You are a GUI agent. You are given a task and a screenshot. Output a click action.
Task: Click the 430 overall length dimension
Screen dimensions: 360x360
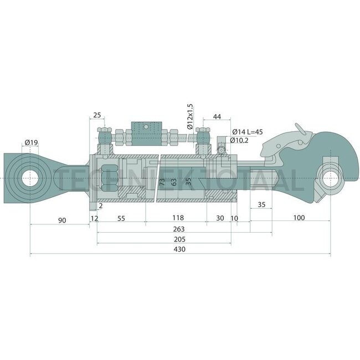[179, 250]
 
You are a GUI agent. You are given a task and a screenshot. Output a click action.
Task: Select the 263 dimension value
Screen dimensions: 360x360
[178, 229]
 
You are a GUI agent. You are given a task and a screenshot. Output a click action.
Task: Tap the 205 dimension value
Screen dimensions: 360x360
[178, 239]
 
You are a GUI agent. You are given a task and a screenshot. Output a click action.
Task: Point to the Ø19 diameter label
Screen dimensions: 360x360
[32, 143]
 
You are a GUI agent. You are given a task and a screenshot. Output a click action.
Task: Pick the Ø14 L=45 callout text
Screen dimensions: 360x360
[247, 131]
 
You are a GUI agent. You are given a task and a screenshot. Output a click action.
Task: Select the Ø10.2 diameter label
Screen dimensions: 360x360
[240, 141]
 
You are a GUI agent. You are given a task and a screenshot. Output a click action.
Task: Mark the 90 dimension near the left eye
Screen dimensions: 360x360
[62, 221]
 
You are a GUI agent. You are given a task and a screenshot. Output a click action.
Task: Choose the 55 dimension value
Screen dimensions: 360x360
[120, 218]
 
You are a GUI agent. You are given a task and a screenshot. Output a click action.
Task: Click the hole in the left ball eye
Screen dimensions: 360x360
[30, 178]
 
